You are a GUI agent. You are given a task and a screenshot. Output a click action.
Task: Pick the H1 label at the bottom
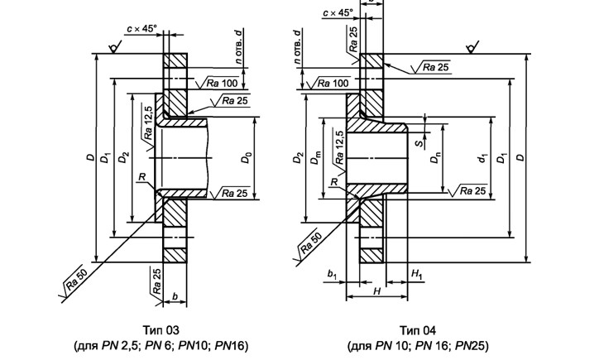click(x=417, y=272)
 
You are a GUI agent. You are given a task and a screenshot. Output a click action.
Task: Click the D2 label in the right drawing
click(x=299, y=157)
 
